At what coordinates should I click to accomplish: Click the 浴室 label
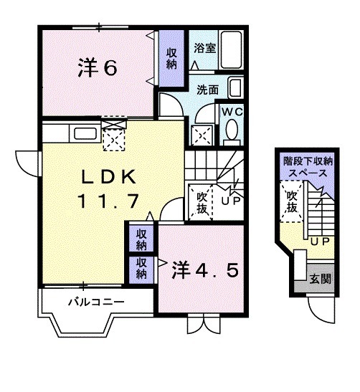205,48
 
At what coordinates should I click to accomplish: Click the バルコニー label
96,302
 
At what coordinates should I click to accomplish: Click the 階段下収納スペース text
308,167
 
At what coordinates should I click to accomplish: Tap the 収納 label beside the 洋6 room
172,59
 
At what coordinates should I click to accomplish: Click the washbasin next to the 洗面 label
235,90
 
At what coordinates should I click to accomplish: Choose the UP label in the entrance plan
319,242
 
